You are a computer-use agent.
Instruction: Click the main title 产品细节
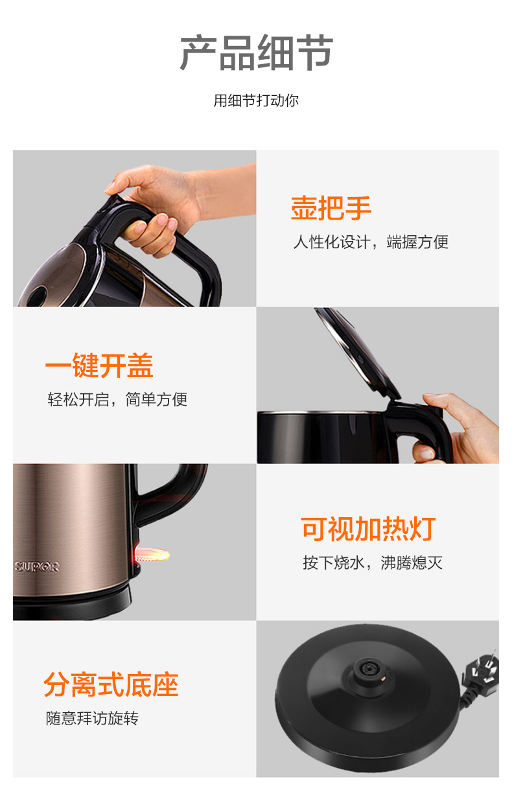point(256,52)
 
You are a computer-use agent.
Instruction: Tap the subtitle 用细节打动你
point(256,100)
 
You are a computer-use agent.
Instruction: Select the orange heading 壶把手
point(331,208)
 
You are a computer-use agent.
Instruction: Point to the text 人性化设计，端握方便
point(371,242)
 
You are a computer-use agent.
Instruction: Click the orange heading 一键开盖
point(99,365)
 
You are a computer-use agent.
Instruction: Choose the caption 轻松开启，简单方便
point(117,399)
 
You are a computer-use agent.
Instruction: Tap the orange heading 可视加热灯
point(368,529)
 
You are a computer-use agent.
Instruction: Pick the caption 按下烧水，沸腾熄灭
point(373,563)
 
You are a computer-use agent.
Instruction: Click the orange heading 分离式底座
point(111,684)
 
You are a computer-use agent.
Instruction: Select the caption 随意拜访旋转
point(92,719)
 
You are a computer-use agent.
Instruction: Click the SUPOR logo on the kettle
point(37,567)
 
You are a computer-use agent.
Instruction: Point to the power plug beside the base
point(483,674)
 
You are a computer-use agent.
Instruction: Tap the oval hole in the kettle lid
point(36,295)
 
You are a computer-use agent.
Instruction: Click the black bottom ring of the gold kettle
point(71,605)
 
